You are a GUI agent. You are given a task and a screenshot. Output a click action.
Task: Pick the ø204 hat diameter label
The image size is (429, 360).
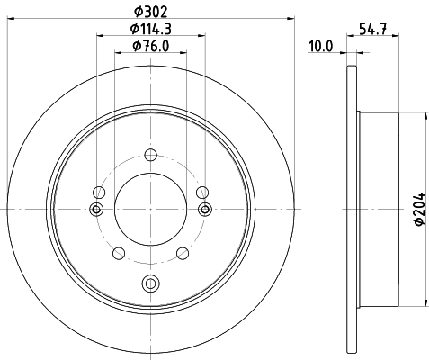click(417, 210)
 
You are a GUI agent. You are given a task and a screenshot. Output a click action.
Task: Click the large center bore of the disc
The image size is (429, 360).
click(150, 209)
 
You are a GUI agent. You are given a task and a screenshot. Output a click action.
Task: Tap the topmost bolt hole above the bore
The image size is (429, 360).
click(150, 153)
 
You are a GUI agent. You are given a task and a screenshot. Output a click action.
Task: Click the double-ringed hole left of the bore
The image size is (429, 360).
click(96, 209)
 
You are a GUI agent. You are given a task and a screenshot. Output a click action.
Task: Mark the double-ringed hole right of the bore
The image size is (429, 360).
click(205, 209)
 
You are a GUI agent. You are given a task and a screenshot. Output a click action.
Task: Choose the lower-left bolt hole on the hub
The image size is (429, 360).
click(118, 254)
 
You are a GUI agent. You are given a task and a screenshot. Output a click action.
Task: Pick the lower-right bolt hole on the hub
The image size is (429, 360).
click(183, 254)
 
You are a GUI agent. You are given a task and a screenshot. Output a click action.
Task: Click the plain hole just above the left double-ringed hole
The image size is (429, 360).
click(100, 191)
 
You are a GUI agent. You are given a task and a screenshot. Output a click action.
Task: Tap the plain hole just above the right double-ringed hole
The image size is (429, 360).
click(201, 191)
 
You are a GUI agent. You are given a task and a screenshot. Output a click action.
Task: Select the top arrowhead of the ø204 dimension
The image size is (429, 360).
click(425, 115)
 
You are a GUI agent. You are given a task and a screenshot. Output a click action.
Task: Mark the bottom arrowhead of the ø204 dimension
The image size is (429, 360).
click(425, 302)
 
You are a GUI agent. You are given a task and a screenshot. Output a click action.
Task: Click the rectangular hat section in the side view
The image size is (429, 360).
click(378, 209)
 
